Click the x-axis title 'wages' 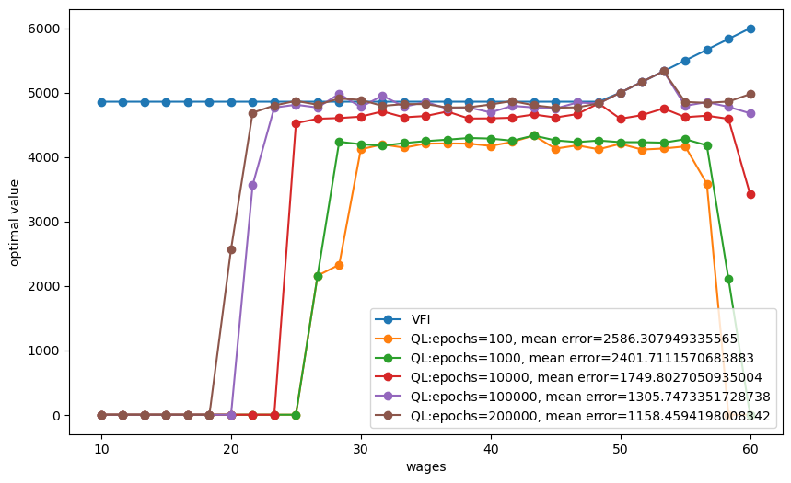pyautogui.click(x=426, y=467)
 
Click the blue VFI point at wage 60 pyautogui.click(x=750, y=29)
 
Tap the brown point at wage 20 pyautogui.click(x=231, y=249)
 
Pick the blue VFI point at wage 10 pyautogui.click(x=101, y=102)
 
